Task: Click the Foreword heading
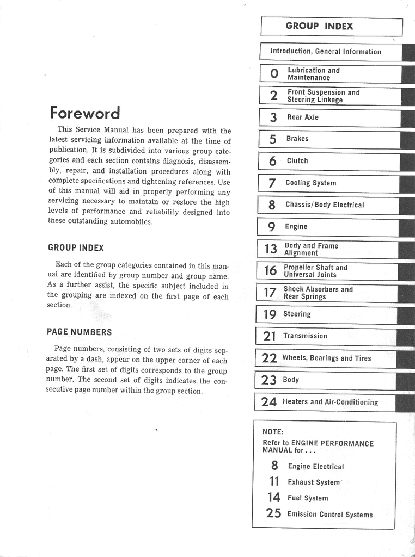(84, 113)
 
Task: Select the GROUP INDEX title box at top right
(319, 26)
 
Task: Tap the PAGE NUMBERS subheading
(79, 332)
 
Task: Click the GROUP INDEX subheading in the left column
(76, 247)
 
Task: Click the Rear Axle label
(303, 117)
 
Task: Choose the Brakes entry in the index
(297, 139)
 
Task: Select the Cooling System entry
(311, 183)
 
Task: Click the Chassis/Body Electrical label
(325, 205)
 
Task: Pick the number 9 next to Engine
(272, 227)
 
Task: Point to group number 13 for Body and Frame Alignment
(271, 249)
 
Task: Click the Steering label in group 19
(297, 314)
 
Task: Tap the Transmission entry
(305, 336)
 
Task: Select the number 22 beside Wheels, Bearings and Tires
(269, 358)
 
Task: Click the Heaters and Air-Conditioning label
(330, 402)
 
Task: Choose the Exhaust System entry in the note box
(314, 482)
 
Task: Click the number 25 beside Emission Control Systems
(273, 513)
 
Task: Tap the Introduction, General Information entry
(326, 52)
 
